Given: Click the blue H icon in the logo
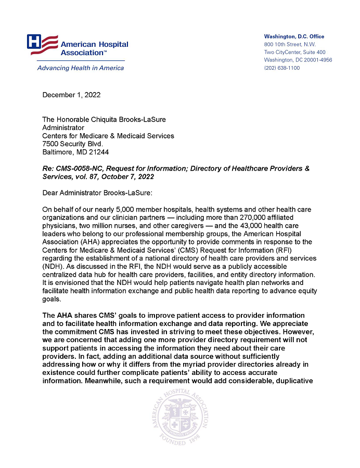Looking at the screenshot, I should pos(35,41).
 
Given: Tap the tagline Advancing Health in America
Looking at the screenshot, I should pos(81,68).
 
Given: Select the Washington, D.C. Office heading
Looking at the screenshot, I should pos(294,36).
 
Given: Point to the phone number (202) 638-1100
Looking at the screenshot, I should pos(282,68).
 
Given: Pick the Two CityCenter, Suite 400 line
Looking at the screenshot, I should pos(294,52).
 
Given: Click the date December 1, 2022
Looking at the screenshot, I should pos(71,95).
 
